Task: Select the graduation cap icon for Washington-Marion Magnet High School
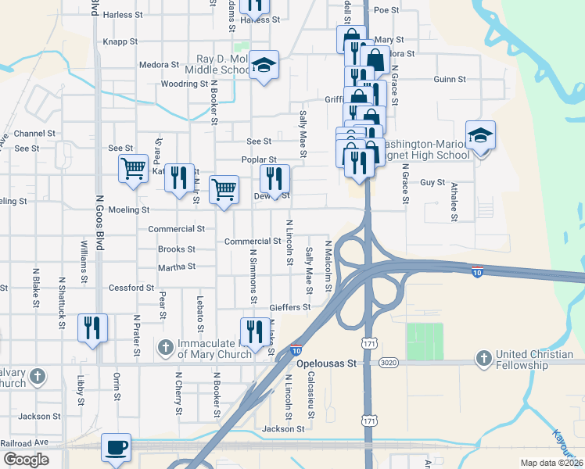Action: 480,136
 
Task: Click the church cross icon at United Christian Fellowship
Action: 484,357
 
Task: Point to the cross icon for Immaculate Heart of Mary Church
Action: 165,346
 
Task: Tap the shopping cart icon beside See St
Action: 134,167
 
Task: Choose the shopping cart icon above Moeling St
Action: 224,189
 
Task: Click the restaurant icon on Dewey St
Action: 275,179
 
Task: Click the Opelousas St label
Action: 330,363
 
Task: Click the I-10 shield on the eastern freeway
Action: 477,271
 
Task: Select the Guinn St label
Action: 450,80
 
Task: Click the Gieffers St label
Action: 290,308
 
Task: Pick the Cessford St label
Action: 131,288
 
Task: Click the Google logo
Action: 26,459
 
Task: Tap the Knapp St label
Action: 120,42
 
